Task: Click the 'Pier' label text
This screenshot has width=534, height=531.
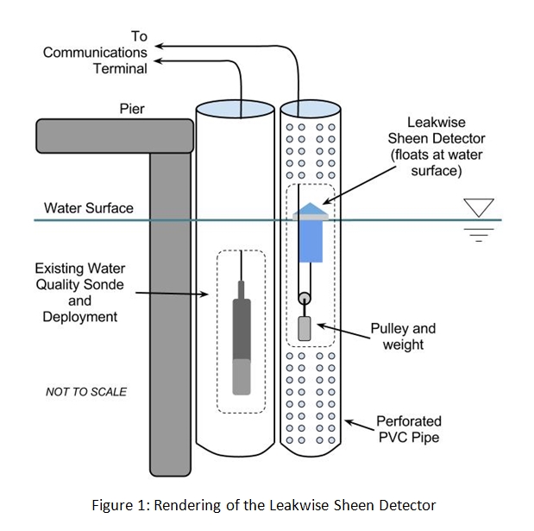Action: tap(132, 110)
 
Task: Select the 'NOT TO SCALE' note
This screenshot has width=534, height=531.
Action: tap(86, 392)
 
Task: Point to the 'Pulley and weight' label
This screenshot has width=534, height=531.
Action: tap(403, 337)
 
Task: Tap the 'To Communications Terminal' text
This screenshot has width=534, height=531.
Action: tap(96, 52)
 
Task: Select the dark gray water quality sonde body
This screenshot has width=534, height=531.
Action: tap(242, 329)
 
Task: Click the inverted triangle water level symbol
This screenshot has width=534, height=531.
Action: tap(478, 208)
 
